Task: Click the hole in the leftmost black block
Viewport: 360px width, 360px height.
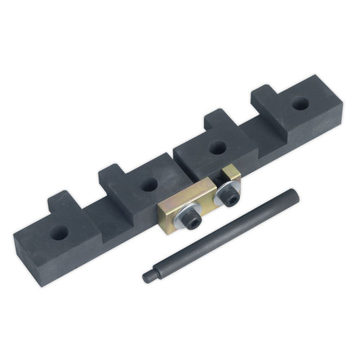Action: point(59,231)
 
